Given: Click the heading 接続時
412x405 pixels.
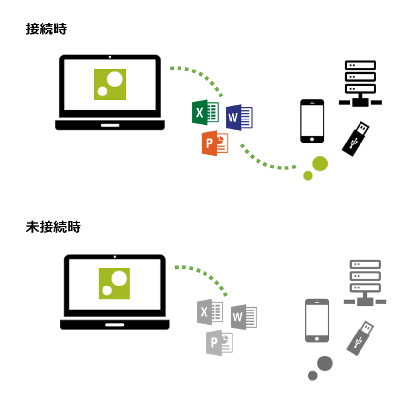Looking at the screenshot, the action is pyautogui.click(x=47, y=28).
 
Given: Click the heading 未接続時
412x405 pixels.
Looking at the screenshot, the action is pyautogui.click(x=53, y=227).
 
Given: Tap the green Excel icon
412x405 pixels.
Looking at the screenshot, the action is pyautogui.click(x=205, y=113).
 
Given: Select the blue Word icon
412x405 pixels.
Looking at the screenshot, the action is pyautogui.click(x=239, y=118).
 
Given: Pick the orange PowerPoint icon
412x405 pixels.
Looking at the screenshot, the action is pyautogui.click(x=215, y=143).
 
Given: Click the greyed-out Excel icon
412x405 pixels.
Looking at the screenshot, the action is pyautogui.click(x=210, y=312).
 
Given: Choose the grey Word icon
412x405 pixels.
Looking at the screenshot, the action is pyautogui.click(x=244, y=317).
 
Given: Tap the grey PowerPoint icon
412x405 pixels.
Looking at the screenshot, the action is pyautogui.click(x=219, y=343).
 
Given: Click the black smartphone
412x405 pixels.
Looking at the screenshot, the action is pyautogui.click(x=312, y=121).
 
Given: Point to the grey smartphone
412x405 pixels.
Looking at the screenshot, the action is pyautogui.click(x=317, y=321).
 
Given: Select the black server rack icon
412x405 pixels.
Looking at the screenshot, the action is pyautogui.click(x=360, y=83).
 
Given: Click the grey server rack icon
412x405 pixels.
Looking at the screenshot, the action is pyautogui.click(x=365, y=283).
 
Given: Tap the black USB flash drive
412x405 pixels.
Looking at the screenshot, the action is pyautogui.click(x=356, y=139).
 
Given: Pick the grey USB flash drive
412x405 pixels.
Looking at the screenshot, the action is pyautogui.click(x=360, y=338).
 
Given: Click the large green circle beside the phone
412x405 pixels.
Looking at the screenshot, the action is pyautogui.click(x=320, y=164).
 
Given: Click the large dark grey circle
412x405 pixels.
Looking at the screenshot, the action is pyautogui.click(x=325, y=363).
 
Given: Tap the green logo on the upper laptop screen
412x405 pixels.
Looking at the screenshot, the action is pyautogui.click(x=109, y=84).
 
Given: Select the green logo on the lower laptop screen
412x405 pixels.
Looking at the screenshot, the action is pyautogui.click(x=114, y=284).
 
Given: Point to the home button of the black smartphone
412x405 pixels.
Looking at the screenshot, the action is pyautogui.click(x=312, y=139).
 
